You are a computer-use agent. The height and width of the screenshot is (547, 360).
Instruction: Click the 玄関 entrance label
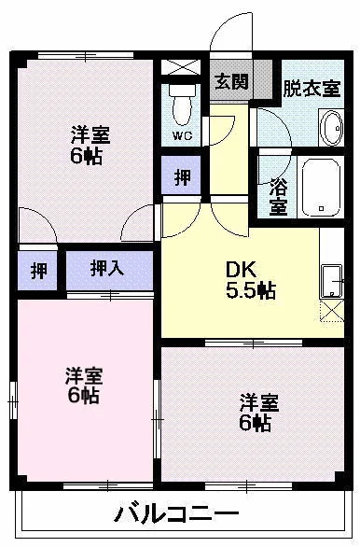pyautogui.click(x=231, y=82)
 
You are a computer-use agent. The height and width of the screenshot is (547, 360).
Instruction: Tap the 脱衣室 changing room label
pyautogui.click(x=312, y=89)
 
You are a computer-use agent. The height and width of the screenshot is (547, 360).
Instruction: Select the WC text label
pyautogui.click(x=182, y=136)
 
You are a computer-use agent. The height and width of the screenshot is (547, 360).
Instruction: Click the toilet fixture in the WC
pyautogui.click(x=182, y=104)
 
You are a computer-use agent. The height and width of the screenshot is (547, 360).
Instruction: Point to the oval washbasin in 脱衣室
pyautogui.click(x=331, y=127)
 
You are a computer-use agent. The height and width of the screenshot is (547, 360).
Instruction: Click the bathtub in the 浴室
pyautogui.click(x=321, y=188)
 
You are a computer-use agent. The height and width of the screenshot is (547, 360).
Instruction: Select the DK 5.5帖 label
pyautogui.click(x=251, y=280)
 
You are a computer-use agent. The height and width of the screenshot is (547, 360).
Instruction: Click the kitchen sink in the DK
pyautogui.click(x=331, y=282)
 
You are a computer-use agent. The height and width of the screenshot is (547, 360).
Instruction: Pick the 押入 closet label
pyautogui.click(x=107, y=270)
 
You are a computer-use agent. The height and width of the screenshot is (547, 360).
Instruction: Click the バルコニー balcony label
pyautogui.click(x=177, y=513)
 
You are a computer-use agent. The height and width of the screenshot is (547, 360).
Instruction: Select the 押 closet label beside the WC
pyautogui.click(x=182, y=176)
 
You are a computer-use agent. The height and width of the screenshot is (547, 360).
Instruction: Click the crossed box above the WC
pyautogui.click(x=181, y=66)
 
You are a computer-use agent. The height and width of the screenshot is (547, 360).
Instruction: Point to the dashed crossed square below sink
pyautogui.click(x=332, y=311)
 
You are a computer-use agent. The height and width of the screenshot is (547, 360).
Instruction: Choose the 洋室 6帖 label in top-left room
pyautogui.click(x=90, y=145)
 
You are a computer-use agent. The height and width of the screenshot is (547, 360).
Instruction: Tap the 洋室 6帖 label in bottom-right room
pyautogui.click(x=259, y=412)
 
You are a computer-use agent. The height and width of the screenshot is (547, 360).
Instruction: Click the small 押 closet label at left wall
pyautogui.click(x=39, y=271)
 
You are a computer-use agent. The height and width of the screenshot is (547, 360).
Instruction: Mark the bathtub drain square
pyautogui.click(x=322, y=208)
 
